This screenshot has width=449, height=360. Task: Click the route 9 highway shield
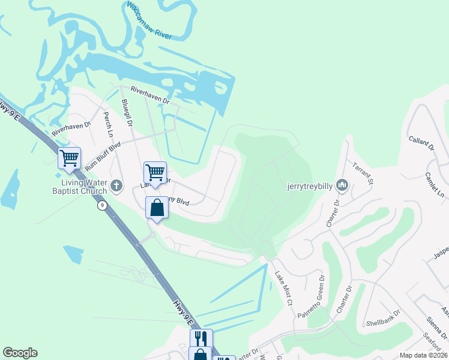click(103, 205)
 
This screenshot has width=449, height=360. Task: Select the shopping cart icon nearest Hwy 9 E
click(69, 158)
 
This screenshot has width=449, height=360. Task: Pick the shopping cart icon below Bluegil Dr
click(155, 172)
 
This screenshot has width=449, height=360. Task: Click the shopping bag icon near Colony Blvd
click(157, 208)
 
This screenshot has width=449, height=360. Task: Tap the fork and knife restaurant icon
click(202, 339)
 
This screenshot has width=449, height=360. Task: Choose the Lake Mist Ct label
click(283, 288)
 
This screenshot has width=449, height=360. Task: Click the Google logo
click(20, 353)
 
